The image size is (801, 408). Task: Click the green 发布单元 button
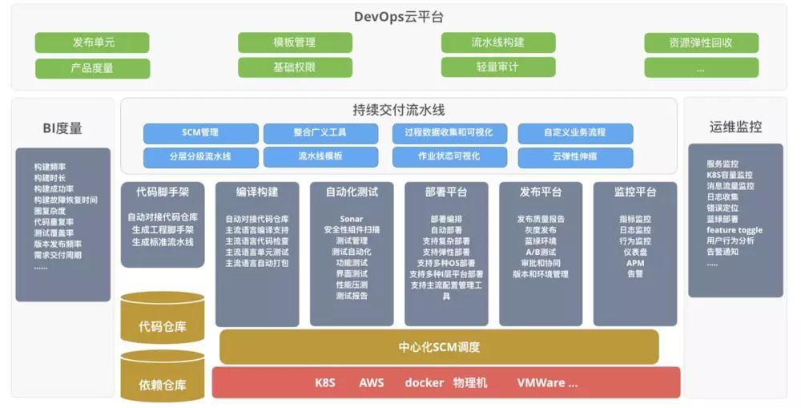[x=92, y=42]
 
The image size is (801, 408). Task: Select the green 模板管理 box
[x=295, y=42]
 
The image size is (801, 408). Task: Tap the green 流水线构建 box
[x=497, y=42]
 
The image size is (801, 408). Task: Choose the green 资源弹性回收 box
[x=701, y=42]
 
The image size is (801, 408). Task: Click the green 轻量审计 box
[x=497, y=68]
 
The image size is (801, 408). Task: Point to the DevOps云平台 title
[x=399, y=17]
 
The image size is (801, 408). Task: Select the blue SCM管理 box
[x=200, y=132]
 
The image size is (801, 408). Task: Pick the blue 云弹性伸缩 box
[x=575, y=156]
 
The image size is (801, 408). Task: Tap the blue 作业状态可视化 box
[x=449, y=156]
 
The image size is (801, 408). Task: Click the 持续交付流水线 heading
[x=399, y=111]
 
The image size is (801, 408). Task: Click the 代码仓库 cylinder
[x=162, y=326]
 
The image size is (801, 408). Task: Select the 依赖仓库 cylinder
[x=162, y=385]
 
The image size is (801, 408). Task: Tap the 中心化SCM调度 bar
[x=439, y=347]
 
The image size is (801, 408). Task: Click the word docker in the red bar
[x=424, y=382]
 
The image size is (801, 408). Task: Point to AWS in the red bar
[x=372, y=382]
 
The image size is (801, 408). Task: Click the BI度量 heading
[x=62, y=128]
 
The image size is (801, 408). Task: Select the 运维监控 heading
[x=735, y=127]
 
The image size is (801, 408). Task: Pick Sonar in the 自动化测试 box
[x=352, y=219]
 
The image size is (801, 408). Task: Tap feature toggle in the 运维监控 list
[x=734, y=229]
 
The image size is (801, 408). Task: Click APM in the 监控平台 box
[x=635, y=262]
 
